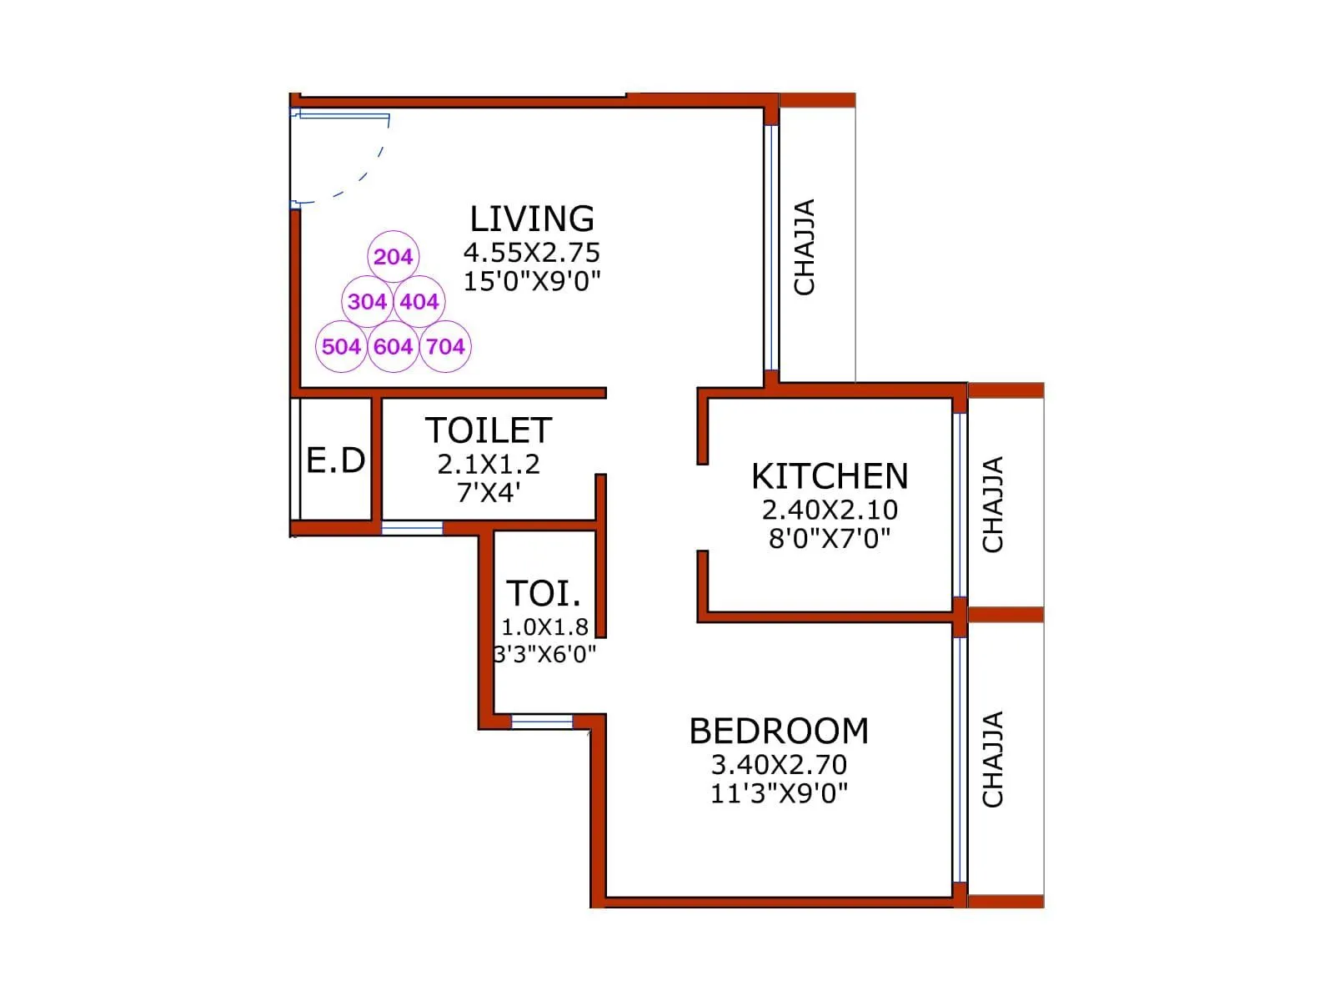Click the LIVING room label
(532, 219)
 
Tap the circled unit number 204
(393, 257)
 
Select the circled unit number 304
(367, 301)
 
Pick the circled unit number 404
(419, 301)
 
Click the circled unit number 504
(341, 346)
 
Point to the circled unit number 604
(393, 346)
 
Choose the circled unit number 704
(445, 346)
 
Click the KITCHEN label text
(830, 476)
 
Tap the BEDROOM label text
(779, 731)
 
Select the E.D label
(336, 460)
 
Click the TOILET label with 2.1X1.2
(489, 431)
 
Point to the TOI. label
(544, 594)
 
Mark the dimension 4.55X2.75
(532, 252)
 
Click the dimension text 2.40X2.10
(830, 510)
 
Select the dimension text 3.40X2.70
(779, 764)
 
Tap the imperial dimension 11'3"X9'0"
(779, 792)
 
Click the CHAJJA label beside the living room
(805, 247)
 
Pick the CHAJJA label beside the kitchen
(992, 505)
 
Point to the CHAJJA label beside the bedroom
(992, 759)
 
